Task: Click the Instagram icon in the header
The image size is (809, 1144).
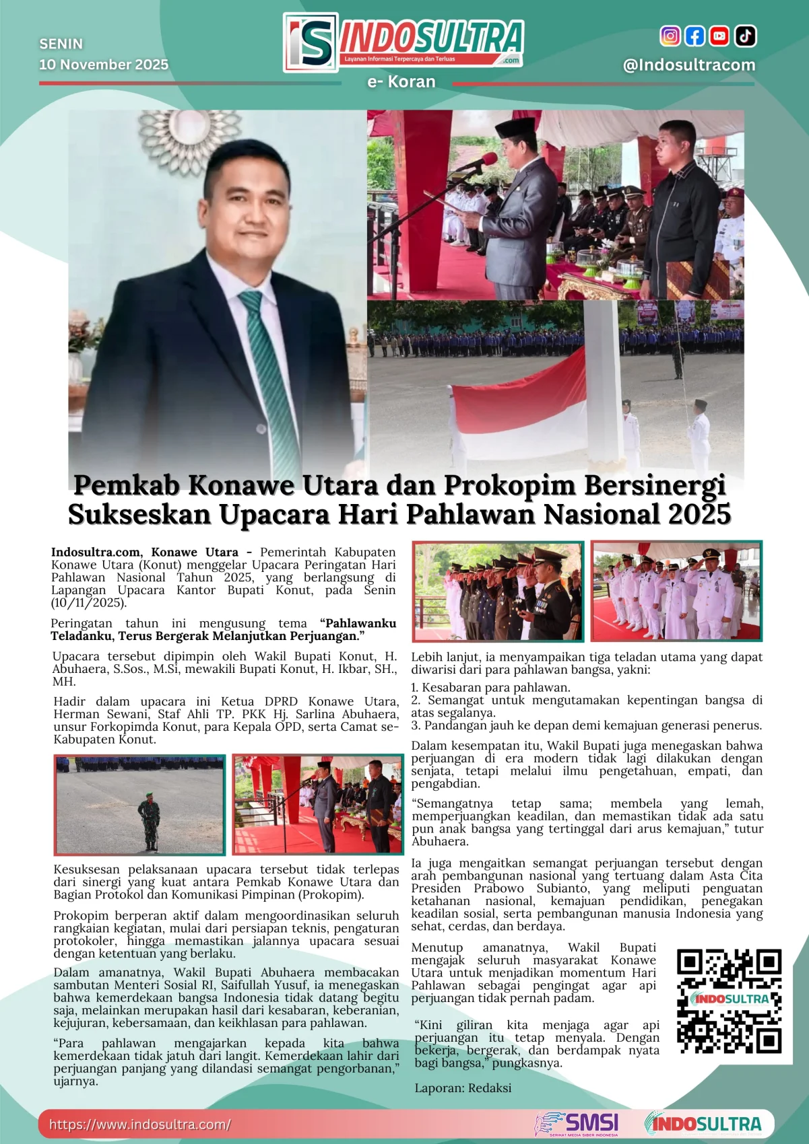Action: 670,36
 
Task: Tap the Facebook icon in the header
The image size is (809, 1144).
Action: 694,36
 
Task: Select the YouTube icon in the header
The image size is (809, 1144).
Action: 719,36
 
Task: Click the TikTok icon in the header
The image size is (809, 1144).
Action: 745,36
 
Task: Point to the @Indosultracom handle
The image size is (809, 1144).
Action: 688,65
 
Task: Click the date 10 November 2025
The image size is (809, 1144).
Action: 104,65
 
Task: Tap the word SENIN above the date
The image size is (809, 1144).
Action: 61,44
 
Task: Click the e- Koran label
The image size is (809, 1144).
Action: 401,82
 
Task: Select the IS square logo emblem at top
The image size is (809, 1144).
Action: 311,42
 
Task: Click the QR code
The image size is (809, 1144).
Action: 729,1001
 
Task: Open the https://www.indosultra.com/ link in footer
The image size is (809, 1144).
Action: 140,1124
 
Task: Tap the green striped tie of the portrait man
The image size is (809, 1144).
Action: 269,363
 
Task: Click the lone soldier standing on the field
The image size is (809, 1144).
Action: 149,822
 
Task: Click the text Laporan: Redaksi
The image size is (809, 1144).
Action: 463,1088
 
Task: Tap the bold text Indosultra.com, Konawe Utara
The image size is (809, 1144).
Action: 145,552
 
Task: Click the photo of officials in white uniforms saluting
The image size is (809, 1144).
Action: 676,591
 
